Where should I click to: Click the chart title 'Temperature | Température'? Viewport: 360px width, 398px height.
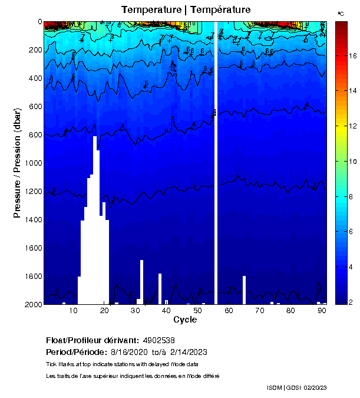186,9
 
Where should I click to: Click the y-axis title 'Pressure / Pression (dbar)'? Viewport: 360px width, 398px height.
17,163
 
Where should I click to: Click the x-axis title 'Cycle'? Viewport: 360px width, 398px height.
185,320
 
